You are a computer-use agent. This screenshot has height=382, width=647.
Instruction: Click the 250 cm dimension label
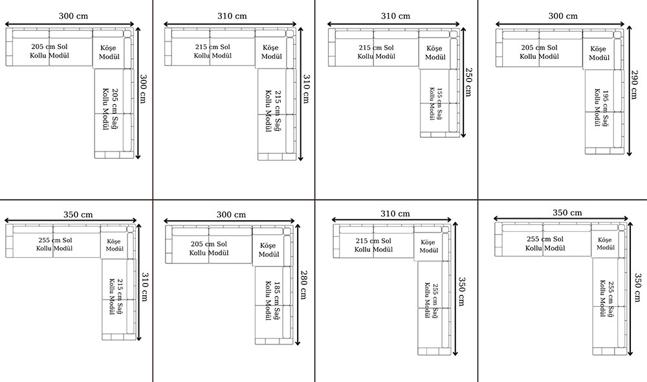click(468, 82)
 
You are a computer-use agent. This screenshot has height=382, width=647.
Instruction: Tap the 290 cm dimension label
click(634, 85)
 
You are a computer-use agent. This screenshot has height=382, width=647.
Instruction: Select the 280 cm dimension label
click(303, 284)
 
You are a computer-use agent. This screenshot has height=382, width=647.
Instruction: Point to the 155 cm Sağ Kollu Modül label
click(435, 104)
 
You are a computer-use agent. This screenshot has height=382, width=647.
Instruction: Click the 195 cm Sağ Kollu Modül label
click(602, 108)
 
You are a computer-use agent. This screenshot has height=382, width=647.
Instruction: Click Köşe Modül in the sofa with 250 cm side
click(435, 53)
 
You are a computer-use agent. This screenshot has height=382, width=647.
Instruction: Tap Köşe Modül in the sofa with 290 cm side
click(598, 53)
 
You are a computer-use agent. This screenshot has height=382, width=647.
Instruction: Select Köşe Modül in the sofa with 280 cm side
click(269, 250)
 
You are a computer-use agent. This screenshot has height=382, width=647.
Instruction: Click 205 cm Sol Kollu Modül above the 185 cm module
click(209, 248)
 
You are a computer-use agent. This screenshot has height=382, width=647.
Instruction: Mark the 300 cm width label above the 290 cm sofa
click(563, 16)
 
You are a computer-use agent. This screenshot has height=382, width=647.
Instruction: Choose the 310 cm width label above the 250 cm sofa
click(395, 16)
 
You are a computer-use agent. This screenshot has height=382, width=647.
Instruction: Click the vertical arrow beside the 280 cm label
click(298, 284)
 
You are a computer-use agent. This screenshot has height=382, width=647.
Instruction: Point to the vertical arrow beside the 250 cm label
click(463, 83)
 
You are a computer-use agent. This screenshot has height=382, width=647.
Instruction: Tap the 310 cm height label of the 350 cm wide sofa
click(145, 287)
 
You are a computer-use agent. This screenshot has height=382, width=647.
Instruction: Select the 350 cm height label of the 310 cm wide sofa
click(462, 291)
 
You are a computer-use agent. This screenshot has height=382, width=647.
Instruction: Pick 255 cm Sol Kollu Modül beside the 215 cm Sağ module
click(54, 244)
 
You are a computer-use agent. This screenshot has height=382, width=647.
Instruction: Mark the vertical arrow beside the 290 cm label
click(630, 91)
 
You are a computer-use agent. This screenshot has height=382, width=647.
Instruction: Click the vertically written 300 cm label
click(143, 89)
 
